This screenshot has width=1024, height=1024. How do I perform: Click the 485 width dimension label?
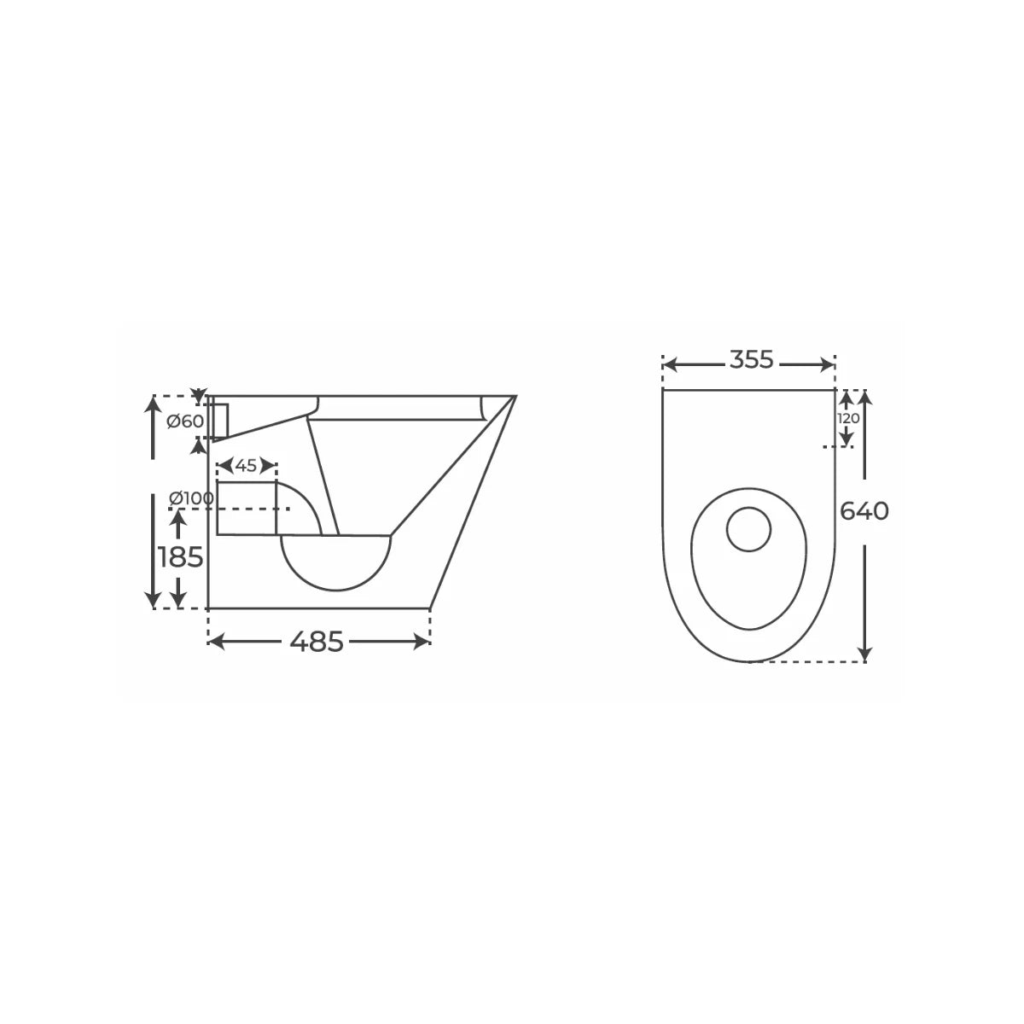317,642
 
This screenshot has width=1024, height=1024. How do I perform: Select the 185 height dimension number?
181,557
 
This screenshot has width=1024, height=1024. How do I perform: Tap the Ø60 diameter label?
185,421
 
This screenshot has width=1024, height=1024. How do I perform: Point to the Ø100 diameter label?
191,497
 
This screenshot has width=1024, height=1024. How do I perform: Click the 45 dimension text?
246,466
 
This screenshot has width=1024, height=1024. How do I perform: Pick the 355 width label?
751,361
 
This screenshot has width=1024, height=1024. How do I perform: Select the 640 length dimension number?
864,511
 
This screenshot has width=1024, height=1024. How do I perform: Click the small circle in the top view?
748,529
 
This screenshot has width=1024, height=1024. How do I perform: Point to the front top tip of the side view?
515,397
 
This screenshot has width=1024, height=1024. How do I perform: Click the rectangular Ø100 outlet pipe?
247,509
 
